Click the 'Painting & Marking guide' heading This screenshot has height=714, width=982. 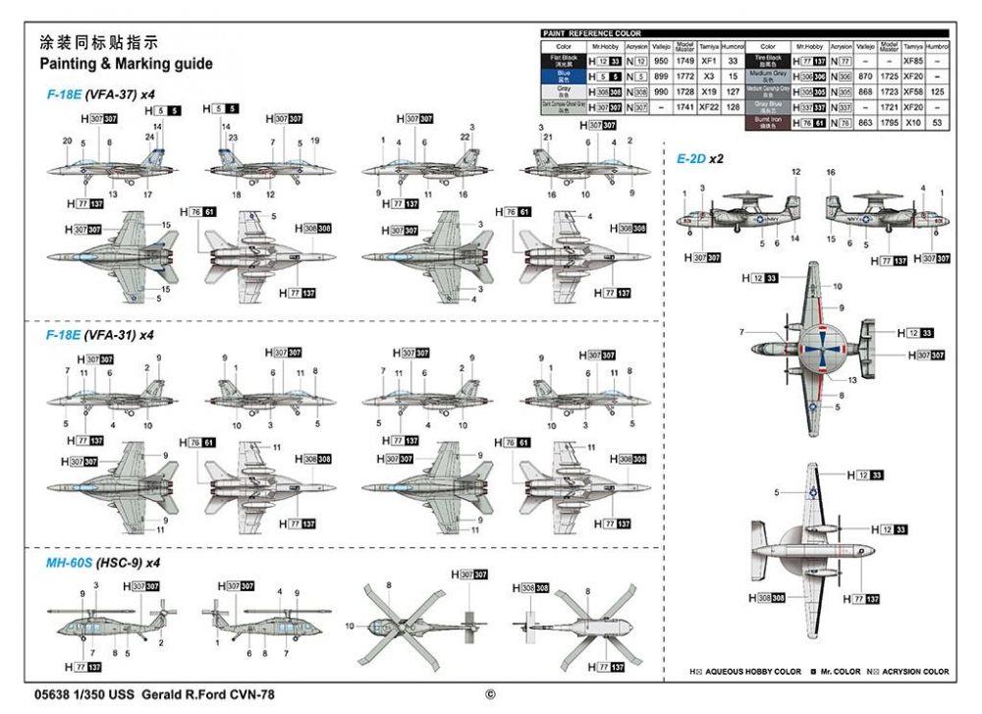126,64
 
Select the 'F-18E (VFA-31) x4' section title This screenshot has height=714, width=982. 100,334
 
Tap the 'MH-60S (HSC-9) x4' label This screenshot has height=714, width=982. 101,564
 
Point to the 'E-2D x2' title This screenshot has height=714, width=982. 699,158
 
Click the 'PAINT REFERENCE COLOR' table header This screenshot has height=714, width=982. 592,33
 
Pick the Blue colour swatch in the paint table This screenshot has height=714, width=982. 564,76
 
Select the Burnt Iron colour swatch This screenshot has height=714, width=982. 768,123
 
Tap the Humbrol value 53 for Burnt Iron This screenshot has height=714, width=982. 938,123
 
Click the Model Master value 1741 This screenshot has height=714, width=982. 686,107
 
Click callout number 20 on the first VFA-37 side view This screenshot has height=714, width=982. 67,141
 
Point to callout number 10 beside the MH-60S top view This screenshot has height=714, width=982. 350,626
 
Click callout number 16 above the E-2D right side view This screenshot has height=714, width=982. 831,172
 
